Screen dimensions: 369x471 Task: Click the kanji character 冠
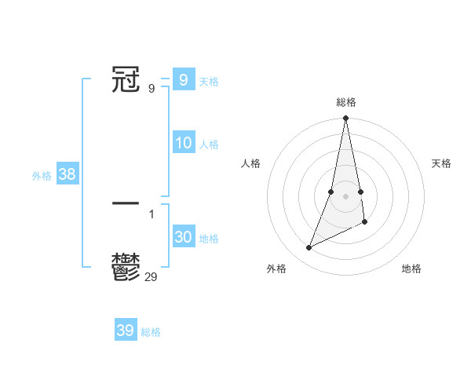click(126, 80)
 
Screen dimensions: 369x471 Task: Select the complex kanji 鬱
click(126, 268)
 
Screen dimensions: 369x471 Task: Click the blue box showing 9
click(183, 80)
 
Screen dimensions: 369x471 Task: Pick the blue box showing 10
click(183, 143)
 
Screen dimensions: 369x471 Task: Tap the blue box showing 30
click(183, 237)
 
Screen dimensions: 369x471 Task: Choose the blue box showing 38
click(67, 174)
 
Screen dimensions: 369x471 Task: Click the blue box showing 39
click(126, 331)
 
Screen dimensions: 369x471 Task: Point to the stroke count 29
click(152, 276)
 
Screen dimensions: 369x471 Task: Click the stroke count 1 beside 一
click(152, 214)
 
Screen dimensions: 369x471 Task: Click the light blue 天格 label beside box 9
click(209, 82)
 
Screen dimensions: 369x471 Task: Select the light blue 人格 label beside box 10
click(209, 144)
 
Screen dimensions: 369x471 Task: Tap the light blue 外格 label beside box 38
click(42, 176)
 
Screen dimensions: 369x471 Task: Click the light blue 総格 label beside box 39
click(151, 332)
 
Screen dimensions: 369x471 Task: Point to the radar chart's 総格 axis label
click(345, 102)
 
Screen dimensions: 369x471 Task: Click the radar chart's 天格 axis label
click(441, 163)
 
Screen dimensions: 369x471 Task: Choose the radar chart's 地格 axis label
click(411, 269)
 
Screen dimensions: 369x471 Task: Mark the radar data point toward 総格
click(345, 119)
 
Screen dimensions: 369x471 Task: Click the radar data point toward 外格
click(309, 248)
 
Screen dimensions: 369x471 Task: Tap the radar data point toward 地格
click(365, 223)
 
